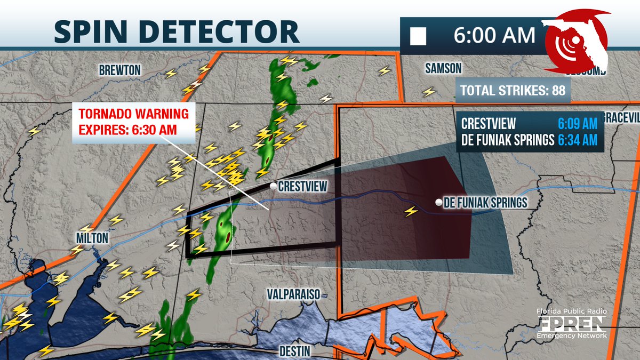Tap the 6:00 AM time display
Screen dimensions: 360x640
(494, 35)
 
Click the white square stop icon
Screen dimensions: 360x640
(418, 36)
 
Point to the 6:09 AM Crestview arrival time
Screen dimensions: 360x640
(578, 124)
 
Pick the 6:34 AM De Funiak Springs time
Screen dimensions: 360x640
(578, 140)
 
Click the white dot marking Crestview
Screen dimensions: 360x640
(273, 186)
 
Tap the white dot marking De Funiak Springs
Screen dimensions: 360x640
(438, 203)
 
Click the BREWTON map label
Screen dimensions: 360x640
(119, 70)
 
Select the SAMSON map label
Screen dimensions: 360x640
(443, 68)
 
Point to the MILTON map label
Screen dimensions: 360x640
(91, 238)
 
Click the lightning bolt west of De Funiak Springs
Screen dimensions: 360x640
(411, 211)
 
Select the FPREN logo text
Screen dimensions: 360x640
(571, 324)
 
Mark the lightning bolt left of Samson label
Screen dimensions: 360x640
(429, 92)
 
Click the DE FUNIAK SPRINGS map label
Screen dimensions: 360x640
(487, 203)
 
